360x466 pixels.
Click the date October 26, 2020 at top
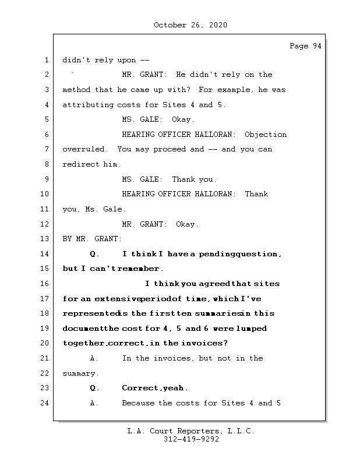(190, 25)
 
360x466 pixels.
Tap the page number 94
(316, 47)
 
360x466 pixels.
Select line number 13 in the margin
(47, 239)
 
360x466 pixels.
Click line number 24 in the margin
(47, 403)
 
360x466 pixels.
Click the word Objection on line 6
(266, 135)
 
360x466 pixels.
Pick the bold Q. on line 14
(94, 254)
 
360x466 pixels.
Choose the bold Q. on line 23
(94, 388)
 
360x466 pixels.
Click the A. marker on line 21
(94, 358)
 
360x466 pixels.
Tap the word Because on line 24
(139, 403)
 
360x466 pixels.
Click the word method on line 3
(76, 90)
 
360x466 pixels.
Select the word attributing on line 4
(87, 105)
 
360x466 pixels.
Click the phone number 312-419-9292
(190, 440)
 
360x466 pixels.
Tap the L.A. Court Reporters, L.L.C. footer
(190, 432)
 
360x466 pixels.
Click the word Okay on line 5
(182, 119)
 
